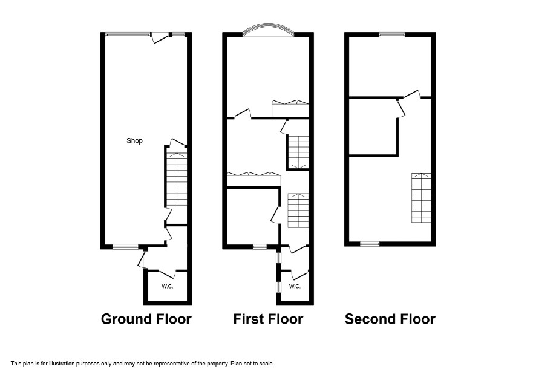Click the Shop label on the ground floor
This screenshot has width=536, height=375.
point(134,140)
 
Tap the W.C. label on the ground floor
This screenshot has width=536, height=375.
point(168,287)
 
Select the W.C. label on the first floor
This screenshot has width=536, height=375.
point(295,287)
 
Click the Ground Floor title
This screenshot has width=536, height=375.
point(146,319)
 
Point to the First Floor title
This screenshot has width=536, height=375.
point(268,319)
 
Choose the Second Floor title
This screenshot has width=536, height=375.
point(390,319)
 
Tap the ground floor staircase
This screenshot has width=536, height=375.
point(177,180)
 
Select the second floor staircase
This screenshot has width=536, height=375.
point(421,198)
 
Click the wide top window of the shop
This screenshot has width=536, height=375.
point(128,34)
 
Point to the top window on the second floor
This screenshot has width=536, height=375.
point(392,34)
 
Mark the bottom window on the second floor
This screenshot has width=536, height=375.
point(370,244)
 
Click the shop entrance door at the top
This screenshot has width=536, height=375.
point(160,37)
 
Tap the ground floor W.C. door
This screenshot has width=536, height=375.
point(168,273)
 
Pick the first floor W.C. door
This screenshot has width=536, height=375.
point(299,275)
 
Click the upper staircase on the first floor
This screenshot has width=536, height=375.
point(299,152)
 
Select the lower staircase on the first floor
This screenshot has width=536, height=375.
point(298,210)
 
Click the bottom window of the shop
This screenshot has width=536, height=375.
point(126,246)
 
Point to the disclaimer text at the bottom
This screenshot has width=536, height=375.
point(142,364)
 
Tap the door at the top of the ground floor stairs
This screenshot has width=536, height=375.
point(178,142)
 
